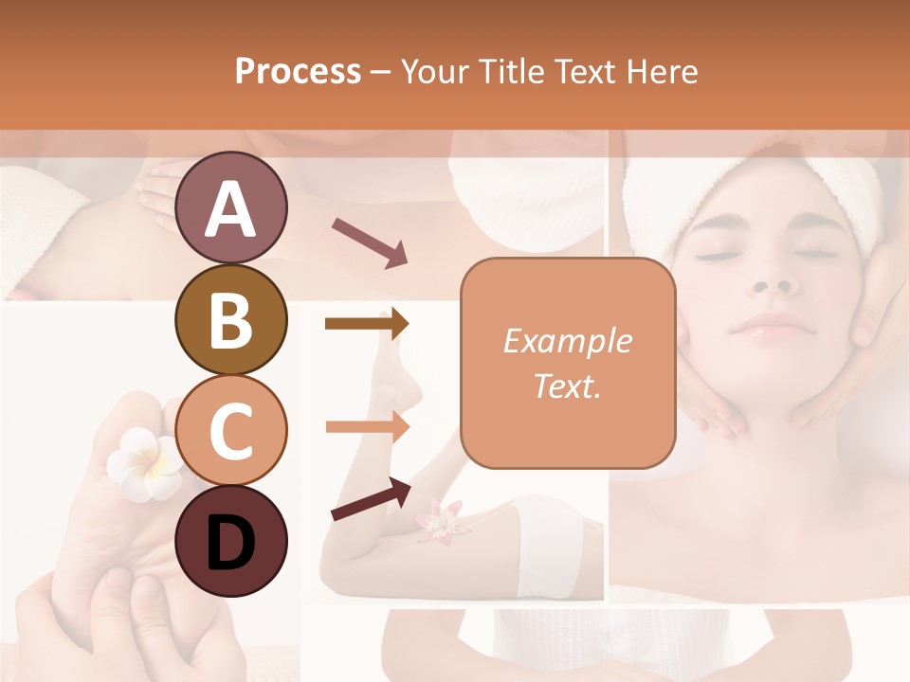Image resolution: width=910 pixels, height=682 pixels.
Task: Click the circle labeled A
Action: (230, 207)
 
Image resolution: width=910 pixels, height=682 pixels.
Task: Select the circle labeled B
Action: (230, 319)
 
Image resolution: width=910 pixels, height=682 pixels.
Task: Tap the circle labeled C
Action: (230, 431)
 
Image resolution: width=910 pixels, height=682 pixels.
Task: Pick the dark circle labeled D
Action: (230, 542)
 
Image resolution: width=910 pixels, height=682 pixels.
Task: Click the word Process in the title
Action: (298, 72)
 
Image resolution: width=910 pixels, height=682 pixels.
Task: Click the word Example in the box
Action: (567, 341)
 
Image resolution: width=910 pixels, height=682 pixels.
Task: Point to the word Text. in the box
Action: (567, 386)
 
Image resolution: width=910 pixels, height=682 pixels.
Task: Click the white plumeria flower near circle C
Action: (143, 461)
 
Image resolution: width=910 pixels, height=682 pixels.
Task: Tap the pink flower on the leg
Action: (439, 522)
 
